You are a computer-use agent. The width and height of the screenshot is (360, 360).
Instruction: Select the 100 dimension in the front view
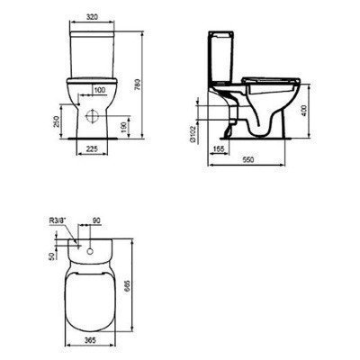(x=98, y=89)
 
